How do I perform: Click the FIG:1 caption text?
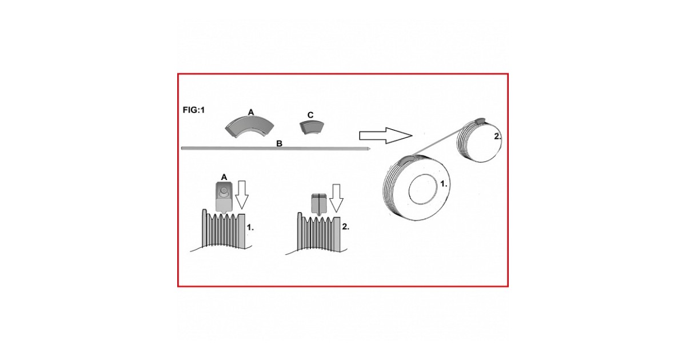tap(194, 110)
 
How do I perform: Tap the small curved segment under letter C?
tap(311, 126)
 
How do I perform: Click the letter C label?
tap(310, 115)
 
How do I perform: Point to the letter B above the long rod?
tap(280, 143)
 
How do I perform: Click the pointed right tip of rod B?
tap(370, 149)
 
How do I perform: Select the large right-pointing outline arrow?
tap(385, 135)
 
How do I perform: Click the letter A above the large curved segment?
tap(251, 113)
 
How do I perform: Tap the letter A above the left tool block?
tap(224, 177)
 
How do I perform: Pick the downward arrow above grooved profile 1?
tap(242, 195)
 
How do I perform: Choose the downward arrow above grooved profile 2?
tap(336, 198)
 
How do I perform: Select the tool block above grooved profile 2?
tap(319, 205)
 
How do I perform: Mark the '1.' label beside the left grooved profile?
tap(250, 227)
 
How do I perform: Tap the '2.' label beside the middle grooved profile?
tap(345, 227)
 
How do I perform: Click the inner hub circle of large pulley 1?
tap(423, 189)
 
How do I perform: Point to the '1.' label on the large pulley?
tap(444, 183)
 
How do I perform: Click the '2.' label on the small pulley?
tap(498, 137)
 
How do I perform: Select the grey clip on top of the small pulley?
tap(480, 121)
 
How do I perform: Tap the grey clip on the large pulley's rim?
tap(407, 159)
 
